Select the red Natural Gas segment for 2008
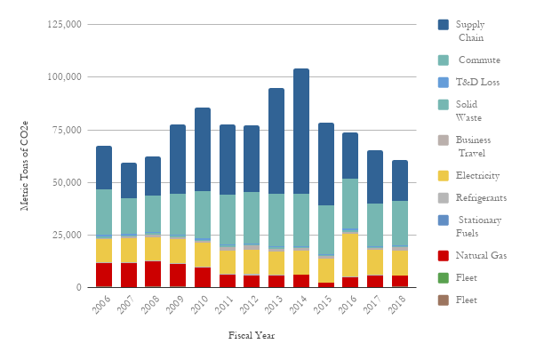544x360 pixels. [154, 274]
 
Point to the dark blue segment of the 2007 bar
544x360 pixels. [129, 180]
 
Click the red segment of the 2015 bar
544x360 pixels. [326, 284]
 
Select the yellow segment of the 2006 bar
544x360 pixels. [104, 251]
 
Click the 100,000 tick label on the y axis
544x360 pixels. [65, 77]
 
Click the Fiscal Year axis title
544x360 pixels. [252, 336]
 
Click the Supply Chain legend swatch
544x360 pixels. [444, 25]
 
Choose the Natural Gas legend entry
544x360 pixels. [481, 256]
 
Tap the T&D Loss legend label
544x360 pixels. [477, 83]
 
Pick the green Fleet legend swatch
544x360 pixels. [444, 278]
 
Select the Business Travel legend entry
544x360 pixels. [473, 147]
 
